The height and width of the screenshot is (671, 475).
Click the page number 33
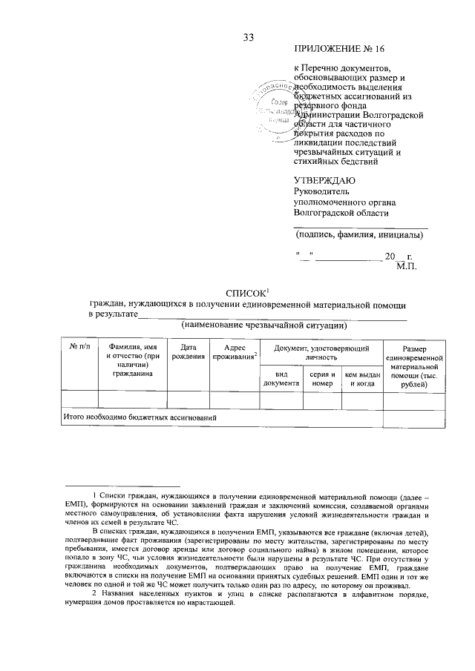(248, 38)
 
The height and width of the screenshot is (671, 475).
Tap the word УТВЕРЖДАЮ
(324, 180)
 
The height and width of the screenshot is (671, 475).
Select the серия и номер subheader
(322, 379)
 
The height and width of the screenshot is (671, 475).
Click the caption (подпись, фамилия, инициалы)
(359, 236)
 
